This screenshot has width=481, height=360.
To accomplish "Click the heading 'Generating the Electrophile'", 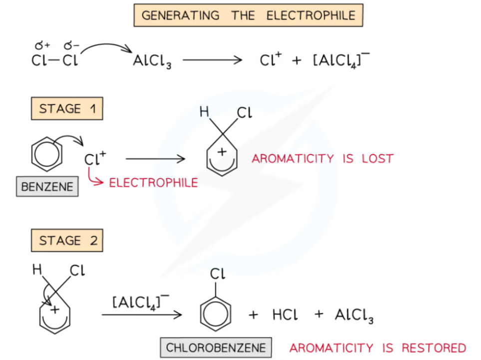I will pyautogui.click(x=248, y=15).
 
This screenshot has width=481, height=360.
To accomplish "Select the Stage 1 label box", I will pyautogui.click(x=67, y=108).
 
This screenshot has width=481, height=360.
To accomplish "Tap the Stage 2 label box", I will pyautogui.click(x=67, y=240).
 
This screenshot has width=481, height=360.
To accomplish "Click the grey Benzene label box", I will pyautogui.click(x=47, y=187).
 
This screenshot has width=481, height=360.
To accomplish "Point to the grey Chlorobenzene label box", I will pyautogui.click(x=216, y=348).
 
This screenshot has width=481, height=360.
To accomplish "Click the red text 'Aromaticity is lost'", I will pyautogui.click(x=322, y=159).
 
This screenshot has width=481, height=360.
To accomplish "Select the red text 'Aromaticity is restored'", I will pyautogui.click(x=377, y=348).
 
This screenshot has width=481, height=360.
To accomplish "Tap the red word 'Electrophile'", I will pyautogui.click(x=153, y=183).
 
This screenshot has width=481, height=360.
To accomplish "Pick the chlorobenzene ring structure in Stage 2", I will pyautogui.click(x=215, y=312).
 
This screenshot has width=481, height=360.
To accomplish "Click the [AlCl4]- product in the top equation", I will pyautogui.click(x=341, y=60).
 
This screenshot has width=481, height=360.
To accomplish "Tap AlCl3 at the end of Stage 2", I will pyautogui.click(x=354, y=316).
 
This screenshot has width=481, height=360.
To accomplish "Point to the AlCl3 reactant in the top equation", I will pyautogui.click(x=152, y=61).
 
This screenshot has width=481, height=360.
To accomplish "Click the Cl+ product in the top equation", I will pyautogui.click(x=271, y=60).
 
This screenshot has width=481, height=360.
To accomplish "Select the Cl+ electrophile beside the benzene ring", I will pyautogui.click(x=95, y=159).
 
